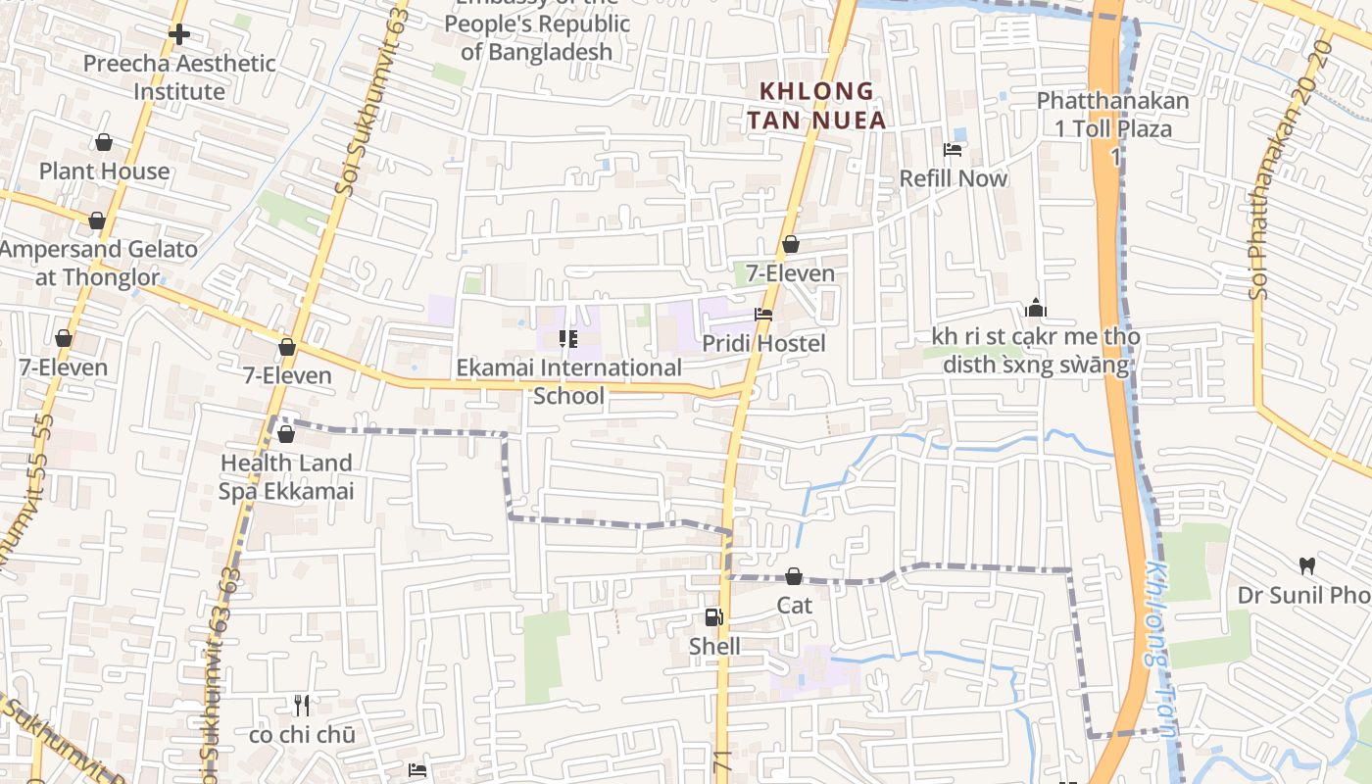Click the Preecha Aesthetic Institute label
coord(179,77)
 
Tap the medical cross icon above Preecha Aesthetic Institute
coord(178,34)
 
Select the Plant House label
coord(104,171)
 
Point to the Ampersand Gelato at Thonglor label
coord(98,263)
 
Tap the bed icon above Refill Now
coord(952,150)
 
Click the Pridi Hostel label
coord(763,343)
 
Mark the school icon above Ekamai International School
coord(567,339)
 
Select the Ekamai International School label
coord(568,381)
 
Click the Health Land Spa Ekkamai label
coord(285,476)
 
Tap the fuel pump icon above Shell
coord(714,617)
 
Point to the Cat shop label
coord(794,605)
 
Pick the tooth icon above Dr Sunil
coord(1306,565)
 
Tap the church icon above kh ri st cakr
coord(1036,310)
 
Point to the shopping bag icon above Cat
coord(794,576)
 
